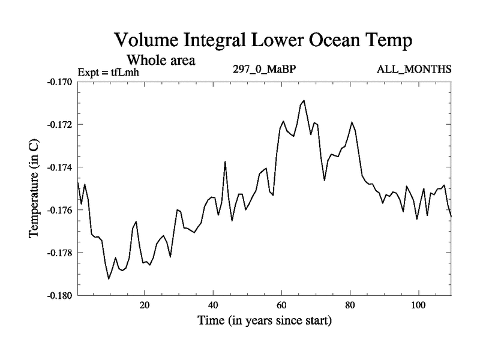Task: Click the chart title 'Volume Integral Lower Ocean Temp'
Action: coord(264,41)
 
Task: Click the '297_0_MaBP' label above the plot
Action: coord(265,69)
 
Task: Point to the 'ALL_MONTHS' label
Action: coord(414,69)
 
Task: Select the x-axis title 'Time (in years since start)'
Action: coord(264,321)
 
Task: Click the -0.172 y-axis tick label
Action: coord(59,124)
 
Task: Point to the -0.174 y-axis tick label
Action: coord(59,167)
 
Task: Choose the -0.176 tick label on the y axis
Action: coord(59,210)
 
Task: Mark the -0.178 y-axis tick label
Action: coord(59,253)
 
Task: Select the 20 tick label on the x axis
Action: coord(145,305)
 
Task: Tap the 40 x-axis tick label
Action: coord(213,305)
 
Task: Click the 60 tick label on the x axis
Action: coord(281,305)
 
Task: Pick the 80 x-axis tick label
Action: coord(350,305)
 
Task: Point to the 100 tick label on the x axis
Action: coord(418,305)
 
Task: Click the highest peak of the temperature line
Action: coord(304,100)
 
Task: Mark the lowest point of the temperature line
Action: coord(109,279)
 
